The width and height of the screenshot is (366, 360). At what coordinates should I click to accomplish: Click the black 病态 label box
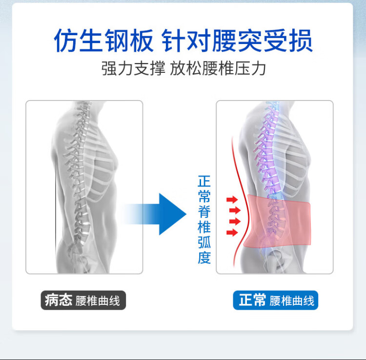coord(58,300)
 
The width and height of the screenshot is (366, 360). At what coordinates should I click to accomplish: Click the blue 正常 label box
coord(252,300)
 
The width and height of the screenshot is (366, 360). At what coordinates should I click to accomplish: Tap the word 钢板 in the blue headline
coord(129,41)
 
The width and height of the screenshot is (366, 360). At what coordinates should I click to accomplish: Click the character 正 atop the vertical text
coord(204,181)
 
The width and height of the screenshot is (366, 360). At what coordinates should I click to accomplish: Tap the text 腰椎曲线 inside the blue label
coord(292,300)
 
